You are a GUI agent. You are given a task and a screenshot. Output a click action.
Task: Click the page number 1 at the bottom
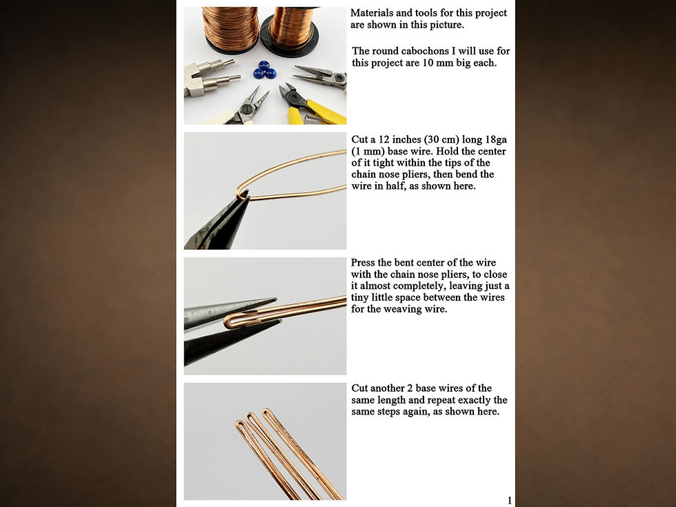tap(510, 501)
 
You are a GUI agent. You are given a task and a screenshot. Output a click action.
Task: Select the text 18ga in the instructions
tap(496, 139)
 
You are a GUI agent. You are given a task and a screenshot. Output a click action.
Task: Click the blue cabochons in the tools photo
tap(264, 70)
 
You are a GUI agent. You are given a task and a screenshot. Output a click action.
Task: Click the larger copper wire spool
tap(230, 29)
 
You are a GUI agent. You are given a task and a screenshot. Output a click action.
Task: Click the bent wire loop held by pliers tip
tap(242, 194)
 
